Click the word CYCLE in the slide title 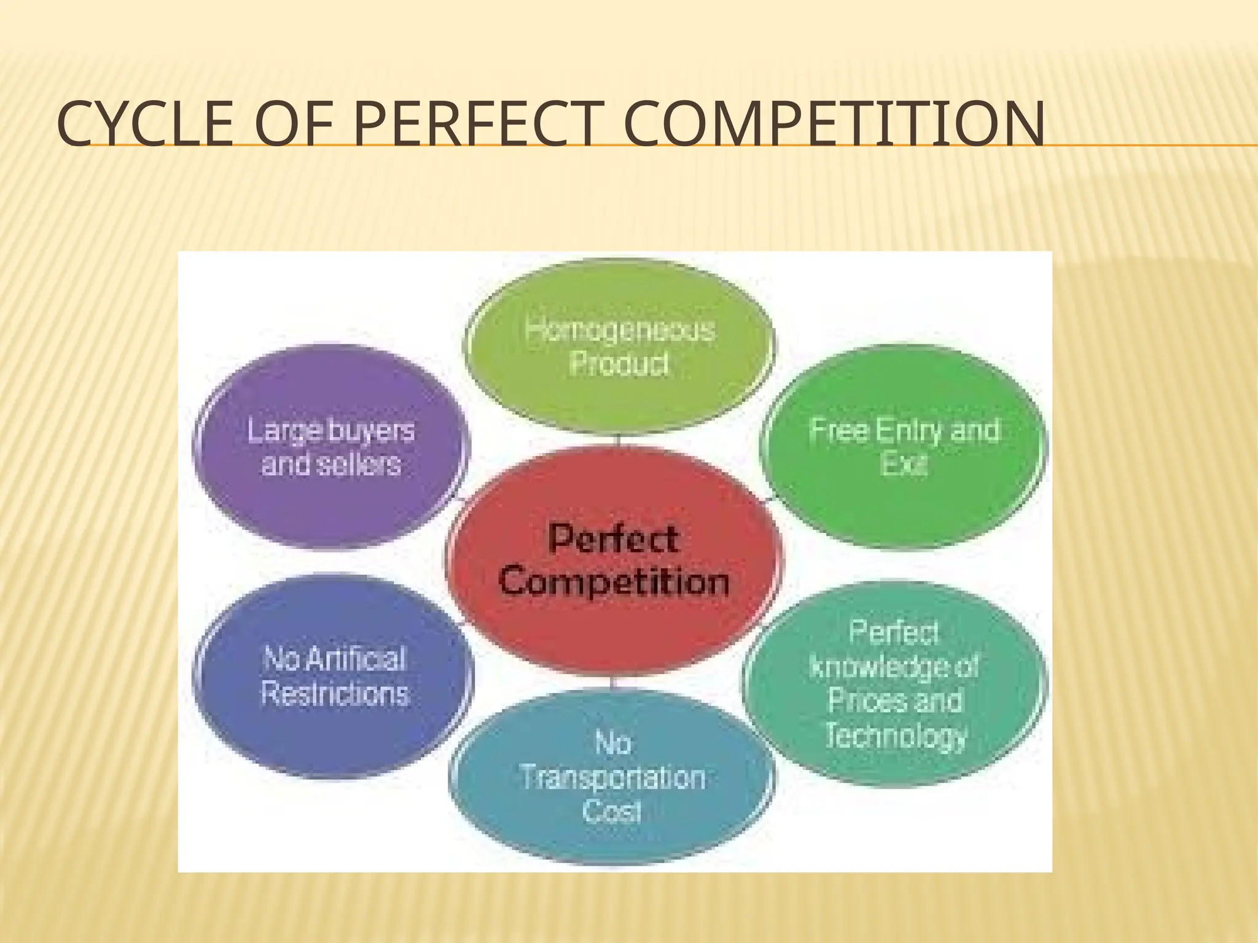coord(145,126)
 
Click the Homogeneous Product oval coord(619,347)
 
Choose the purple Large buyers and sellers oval coord(331,448)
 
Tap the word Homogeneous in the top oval coord(620,330)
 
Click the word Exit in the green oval coord(903,464)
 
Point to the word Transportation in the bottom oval coord(613,778)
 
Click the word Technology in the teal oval coord(896,735)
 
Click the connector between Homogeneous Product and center coord(618,440)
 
